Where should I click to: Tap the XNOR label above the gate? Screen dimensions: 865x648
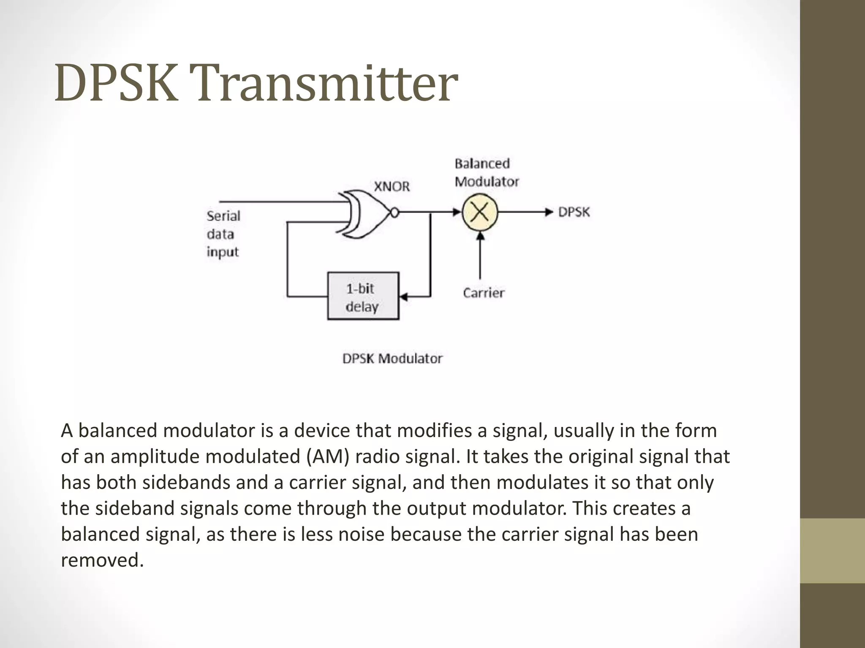392,186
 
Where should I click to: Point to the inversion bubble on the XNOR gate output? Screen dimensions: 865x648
394,213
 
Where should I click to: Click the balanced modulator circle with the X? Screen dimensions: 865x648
480,212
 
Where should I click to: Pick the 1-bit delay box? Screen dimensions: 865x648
363,296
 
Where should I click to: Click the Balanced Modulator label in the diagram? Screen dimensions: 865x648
486,173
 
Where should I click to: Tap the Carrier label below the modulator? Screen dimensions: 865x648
484,293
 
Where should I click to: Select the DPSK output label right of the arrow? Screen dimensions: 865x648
574,212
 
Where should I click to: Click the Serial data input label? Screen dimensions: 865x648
223,234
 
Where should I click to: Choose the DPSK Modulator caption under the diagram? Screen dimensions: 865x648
392,359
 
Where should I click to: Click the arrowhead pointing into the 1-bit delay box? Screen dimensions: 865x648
403,297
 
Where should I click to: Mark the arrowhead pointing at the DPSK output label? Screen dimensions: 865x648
549,212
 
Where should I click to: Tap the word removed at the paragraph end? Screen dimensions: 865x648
102,560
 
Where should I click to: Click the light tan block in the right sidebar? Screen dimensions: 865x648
832,551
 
